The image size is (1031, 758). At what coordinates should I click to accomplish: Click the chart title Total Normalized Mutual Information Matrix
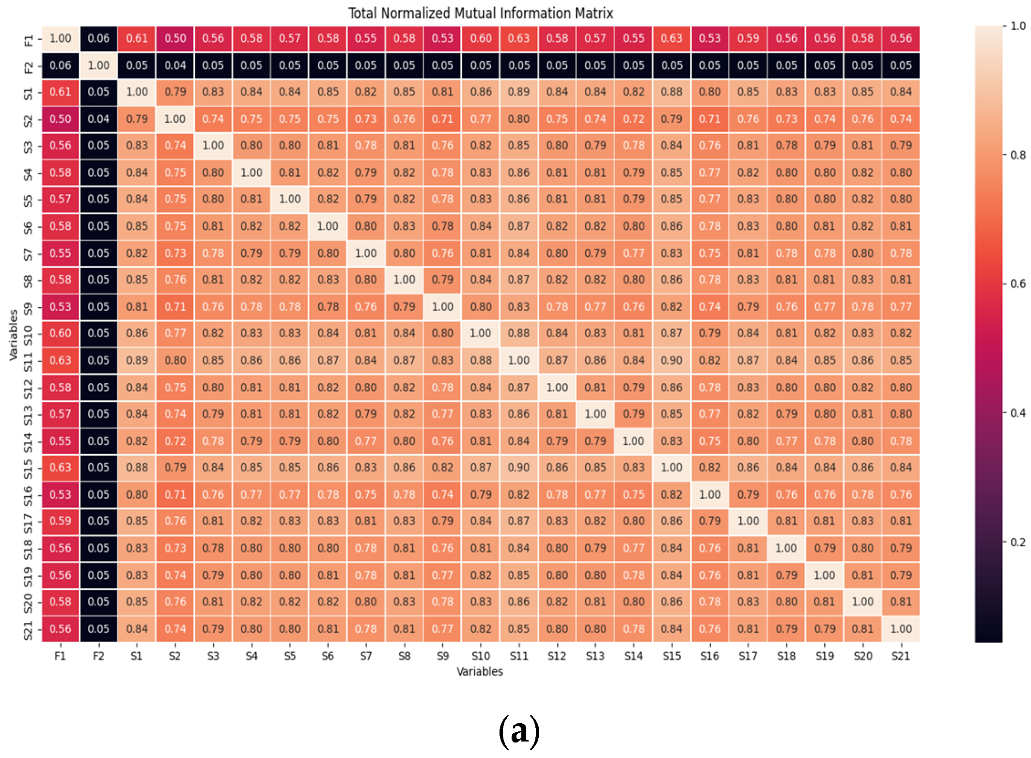[x=480, y=13]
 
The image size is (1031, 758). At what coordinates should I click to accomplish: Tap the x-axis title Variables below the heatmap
[x=480, y=671]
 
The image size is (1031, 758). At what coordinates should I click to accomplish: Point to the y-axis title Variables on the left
[x=13, y=335]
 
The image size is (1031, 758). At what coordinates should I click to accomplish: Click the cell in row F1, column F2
[x=98, y=38]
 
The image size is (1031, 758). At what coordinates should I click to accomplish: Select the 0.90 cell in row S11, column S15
[x=672, y=360]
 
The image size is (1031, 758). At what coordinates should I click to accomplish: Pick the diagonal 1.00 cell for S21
[x=901, y=629]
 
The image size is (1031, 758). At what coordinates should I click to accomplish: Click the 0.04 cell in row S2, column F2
[x=98, y=119]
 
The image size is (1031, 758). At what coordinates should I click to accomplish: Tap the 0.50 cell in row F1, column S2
[x=175, y=38]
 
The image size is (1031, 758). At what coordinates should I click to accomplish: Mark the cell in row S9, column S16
[x=710, y=307]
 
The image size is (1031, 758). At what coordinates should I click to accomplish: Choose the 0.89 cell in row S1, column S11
[x=518, y=92]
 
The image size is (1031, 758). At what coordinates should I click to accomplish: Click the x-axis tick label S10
[x=481, y=656]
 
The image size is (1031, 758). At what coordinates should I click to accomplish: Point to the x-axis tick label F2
[x=98, y=656]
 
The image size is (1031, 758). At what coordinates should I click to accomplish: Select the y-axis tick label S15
[x=28, y=468]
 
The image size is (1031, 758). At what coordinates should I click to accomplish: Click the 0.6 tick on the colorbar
[x=1017, y=284]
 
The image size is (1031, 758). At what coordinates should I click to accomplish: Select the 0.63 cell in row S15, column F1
[x=60, y=468]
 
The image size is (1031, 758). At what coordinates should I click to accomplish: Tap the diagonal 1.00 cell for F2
[x=98, y=65]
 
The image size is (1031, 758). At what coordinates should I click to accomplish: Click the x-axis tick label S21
[x=901, y=656]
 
